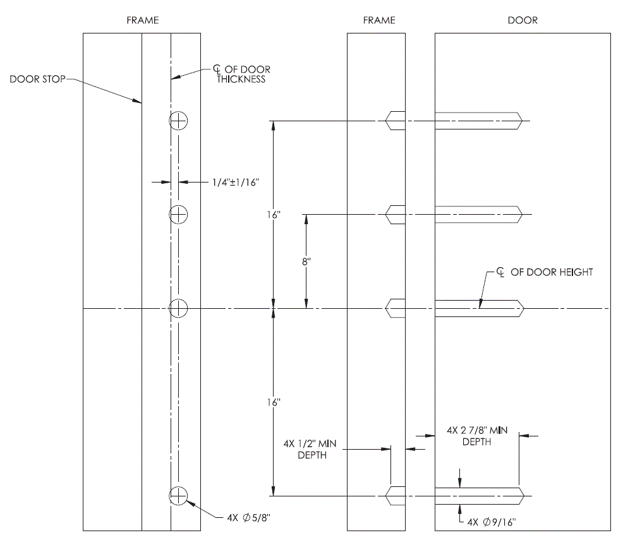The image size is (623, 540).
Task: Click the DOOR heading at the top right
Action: (x=523, y=20)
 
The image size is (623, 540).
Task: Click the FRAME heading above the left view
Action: (x=142, y=20)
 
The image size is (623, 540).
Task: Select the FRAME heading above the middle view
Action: (x=379, y=20)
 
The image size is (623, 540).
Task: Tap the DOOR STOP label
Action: (x=37, y=80)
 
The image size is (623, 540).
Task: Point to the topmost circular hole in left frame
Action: (x=179, y=121)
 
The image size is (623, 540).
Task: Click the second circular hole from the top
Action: (x=179, y=215)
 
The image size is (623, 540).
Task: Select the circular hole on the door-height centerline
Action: (x=179, y=308)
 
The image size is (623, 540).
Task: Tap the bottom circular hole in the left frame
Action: (x=179, y=496)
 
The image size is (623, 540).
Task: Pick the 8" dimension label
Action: (x=306, y=262)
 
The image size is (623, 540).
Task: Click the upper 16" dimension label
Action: (x=273, y=215)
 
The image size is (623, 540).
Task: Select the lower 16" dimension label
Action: (x=273, y=402)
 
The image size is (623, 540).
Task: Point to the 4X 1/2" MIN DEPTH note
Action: (x=312, y=450)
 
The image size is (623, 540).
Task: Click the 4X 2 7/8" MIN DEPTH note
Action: (x=476, y=436)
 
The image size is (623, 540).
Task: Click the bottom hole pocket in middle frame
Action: (x=396, y=496)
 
